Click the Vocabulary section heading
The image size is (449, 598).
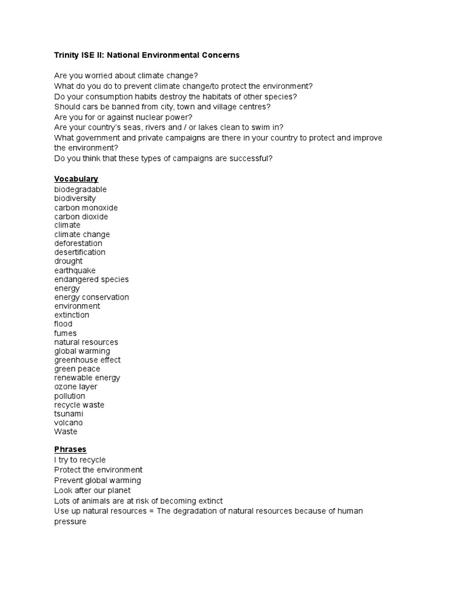pyautogui.click(x=76, y=179)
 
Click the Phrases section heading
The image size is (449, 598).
pyautogui.click(x=70, y=449)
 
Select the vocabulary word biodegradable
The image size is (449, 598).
pyautogui.click(x=81, y=190)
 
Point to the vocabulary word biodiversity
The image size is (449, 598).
pyautogui.click(x=75, y=199)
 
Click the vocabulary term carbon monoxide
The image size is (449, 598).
pyautogui.click(x=86, y=208)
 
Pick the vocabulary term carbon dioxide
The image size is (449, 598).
pyautogui.click(x=81, y=217)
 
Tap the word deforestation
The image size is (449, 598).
pyautogui.click(x=78, y=244)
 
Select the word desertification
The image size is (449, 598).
pyautogui.click(x=80, y=252)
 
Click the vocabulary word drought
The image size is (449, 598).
pyautogui.click(x=68, y=261)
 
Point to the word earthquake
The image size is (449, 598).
pyautogui.click(x=75, y=270)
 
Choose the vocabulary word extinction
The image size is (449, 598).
pyautogui.click(x=72, y=315)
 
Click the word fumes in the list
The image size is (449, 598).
pyautogui.click(x=65, y=333)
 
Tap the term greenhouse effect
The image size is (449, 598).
pyautogui.click(x=88, y=360)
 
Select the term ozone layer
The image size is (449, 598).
pyautogui.click(x=76, y=387)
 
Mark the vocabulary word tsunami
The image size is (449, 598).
pyautogui.click(x=69, y=413)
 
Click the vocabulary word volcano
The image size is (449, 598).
pyautogui.click(x=68, y=422)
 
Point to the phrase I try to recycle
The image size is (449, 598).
pyautogui.click(x=80, y=460)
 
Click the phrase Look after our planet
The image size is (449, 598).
pyautogui.click(x=92, y=491)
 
